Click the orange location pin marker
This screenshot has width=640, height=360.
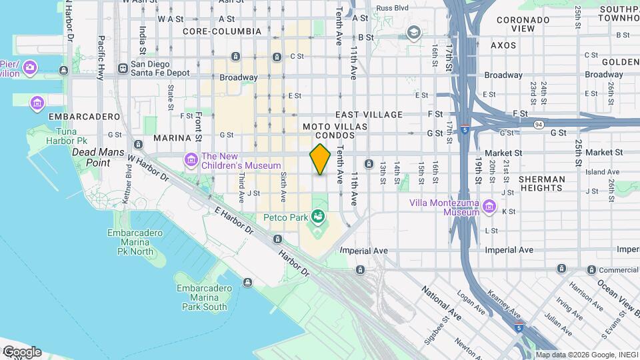pyautogui.click(x=321, y=159)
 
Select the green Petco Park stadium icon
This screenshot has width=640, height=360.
pyautogui.click(x=319, y=216)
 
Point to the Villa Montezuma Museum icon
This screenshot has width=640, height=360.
pyautogui.click(x=489, y=207)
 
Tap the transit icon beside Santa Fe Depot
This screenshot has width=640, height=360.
pyautogui.click(x=123, y=68)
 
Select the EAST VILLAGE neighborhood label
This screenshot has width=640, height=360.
pyautogui.click(x=369, y=115)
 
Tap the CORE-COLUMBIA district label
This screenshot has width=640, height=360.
pyautogui.click(x=221, y=31)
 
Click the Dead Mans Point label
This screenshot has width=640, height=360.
pyautogui.click(x=91, y=157)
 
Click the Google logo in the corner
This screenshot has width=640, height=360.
pyautogui.click(x=21, y=351)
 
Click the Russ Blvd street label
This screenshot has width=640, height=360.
pyautogui.click(x=391, y=8)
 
